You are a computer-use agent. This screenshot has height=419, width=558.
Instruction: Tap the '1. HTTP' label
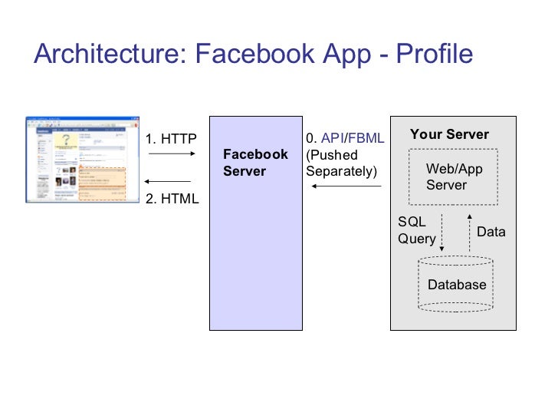click(x=171, y=139)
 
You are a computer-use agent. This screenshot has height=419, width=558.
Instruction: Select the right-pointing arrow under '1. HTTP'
click(x=169, y=154)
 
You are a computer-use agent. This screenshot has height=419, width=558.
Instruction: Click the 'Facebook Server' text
click(x=255, y=163)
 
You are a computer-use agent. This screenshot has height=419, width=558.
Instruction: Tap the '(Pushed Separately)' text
click(x=342, y=163)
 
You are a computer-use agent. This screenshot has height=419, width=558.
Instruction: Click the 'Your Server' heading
click(x=449, y=134)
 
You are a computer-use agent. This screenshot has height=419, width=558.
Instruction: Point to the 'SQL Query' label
click(x=415, y=230)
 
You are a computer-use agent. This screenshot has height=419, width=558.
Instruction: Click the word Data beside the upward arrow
click(x=491, y=231)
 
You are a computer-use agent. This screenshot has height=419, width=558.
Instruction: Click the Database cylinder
click(x=457, y=285)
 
